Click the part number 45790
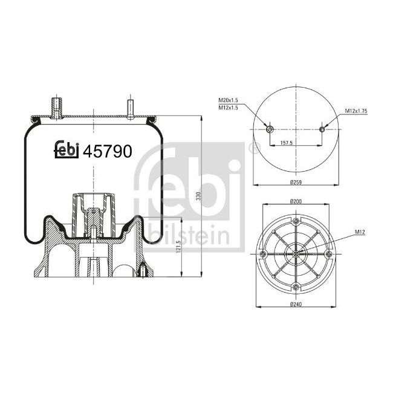tap(107, 152)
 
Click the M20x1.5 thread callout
tap(229, 100)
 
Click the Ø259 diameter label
tap(296, 182)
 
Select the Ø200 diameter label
tap(296, 201)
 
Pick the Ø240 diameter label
tap(296, 304)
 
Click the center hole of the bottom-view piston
tap(296, 253)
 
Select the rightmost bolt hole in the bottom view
tap(329, 253)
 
